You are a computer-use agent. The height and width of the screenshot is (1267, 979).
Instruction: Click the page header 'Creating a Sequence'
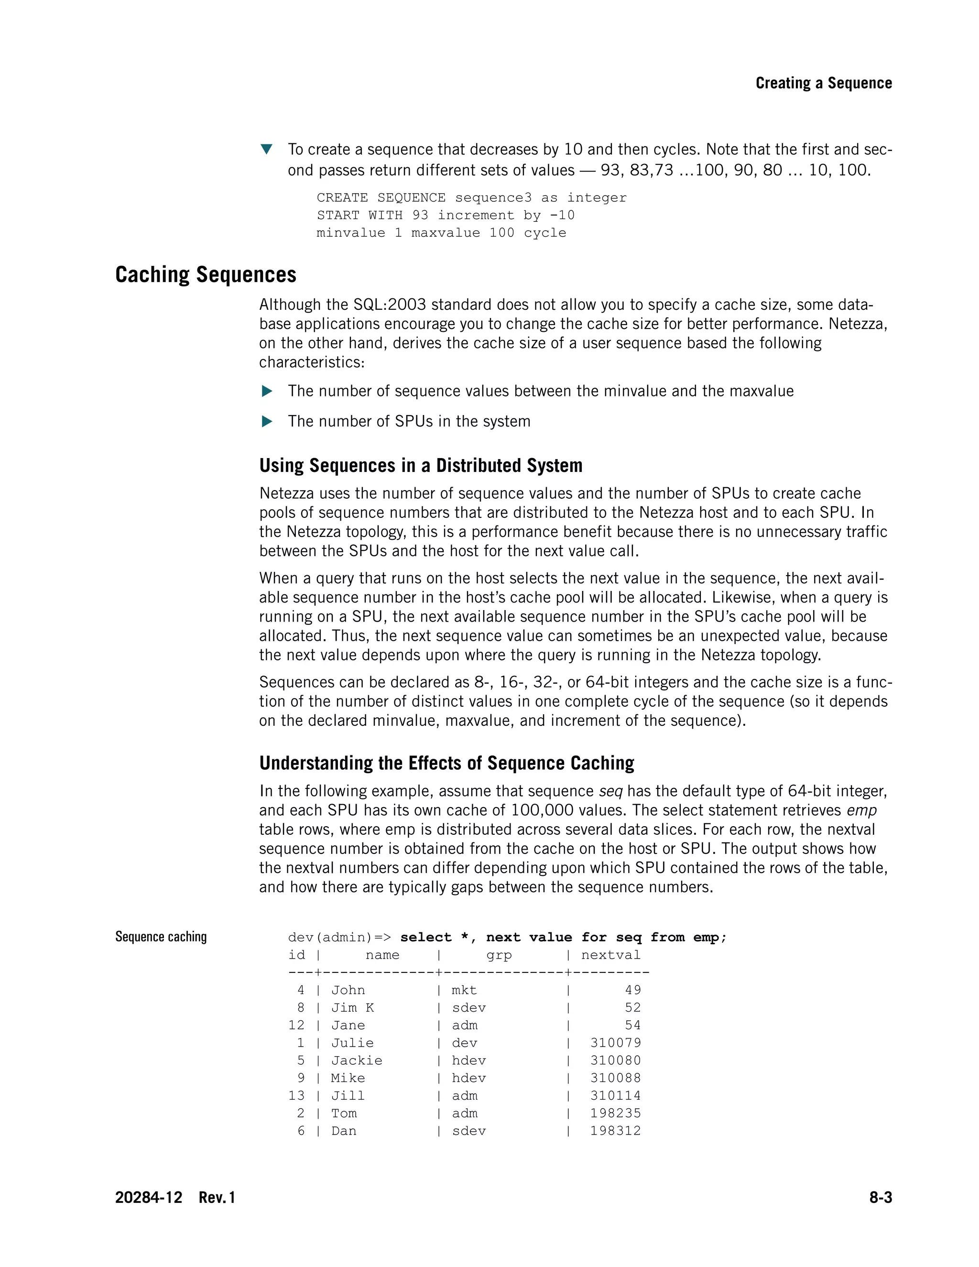[823, 83]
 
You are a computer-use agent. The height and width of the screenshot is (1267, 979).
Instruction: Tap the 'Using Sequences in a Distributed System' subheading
[421, 465]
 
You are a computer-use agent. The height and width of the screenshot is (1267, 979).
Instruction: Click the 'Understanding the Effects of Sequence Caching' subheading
[446, 763]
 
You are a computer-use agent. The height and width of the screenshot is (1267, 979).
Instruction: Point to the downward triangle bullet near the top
[266, 149]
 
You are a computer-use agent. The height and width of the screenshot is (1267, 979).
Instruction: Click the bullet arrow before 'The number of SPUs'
[267, 421]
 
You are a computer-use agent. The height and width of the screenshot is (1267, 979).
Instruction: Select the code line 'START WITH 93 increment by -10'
[445, 215]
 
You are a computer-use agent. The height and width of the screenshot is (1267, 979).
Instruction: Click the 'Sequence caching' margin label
[161, 936]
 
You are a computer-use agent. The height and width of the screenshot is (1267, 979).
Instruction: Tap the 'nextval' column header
[611, 955]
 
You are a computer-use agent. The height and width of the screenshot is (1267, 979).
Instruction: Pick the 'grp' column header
[499, 955]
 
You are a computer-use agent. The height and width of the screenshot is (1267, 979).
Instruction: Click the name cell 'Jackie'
[357, 1060]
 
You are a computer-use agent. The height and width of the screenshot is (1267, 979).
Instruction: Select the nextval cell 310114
[615, 1095]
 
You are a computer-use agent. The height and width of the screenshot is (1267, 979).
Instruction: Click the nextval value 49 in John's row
[633, 990]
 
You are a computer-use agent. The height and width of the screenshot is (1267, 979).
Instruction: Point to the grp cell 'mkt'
[464, 990]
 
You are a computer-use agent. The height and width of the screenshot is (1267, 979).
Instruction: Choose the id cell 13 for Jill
[296, 1095]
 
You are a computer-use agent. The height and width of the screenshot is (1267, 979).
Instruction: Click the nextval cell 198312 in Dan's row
[615, 1131]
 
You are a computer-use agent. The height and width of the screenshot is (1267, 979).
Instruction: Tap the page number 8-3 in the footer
[880, 1197]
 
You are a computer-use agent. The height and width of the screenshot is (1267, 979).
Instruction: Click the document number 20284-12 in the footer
[149, 1197]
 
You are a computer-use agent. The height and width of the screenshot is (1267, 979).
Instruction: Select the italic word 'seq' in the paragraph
[610, 791]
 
